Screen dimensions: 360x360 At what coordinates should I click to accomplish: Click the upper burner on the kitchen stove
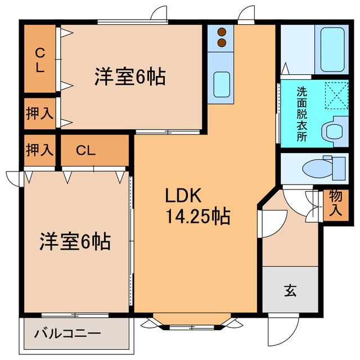pyautogui.click(x=222, y=32)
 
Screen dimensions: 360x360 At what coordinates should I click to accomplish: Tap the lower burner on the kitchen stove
pyautogui.click(x=222, y=42)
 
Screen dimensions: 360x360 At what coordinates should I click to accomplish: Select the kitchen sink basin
pyautogui.click(x=221, y=85)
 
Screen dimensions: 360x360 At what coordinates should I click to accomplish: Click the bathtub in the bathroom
pyautogui.click(x=334, y=49)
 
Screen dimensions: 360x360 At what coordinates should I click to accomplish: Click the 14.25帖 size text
pyautogui.click(x=196, y=215)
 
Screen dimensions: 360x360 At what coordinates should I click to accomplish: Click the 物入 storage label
pyautogui.click(x=336, y=204)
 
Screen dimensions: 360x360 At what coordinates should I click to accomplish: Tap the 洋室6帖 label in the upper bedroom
pyautogui.click(x=129, y=76)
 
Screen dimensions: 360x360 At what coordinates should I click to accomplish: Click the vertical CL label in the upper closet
pyautogui.click(x=40, y=60)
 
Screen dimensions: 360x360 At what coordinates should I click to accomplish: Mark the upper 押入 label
pyautogui.click(x=39, y=113)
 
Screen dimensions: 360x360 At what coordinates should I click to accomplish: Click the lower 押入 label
pyautogui.click(x=39, y=150)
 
